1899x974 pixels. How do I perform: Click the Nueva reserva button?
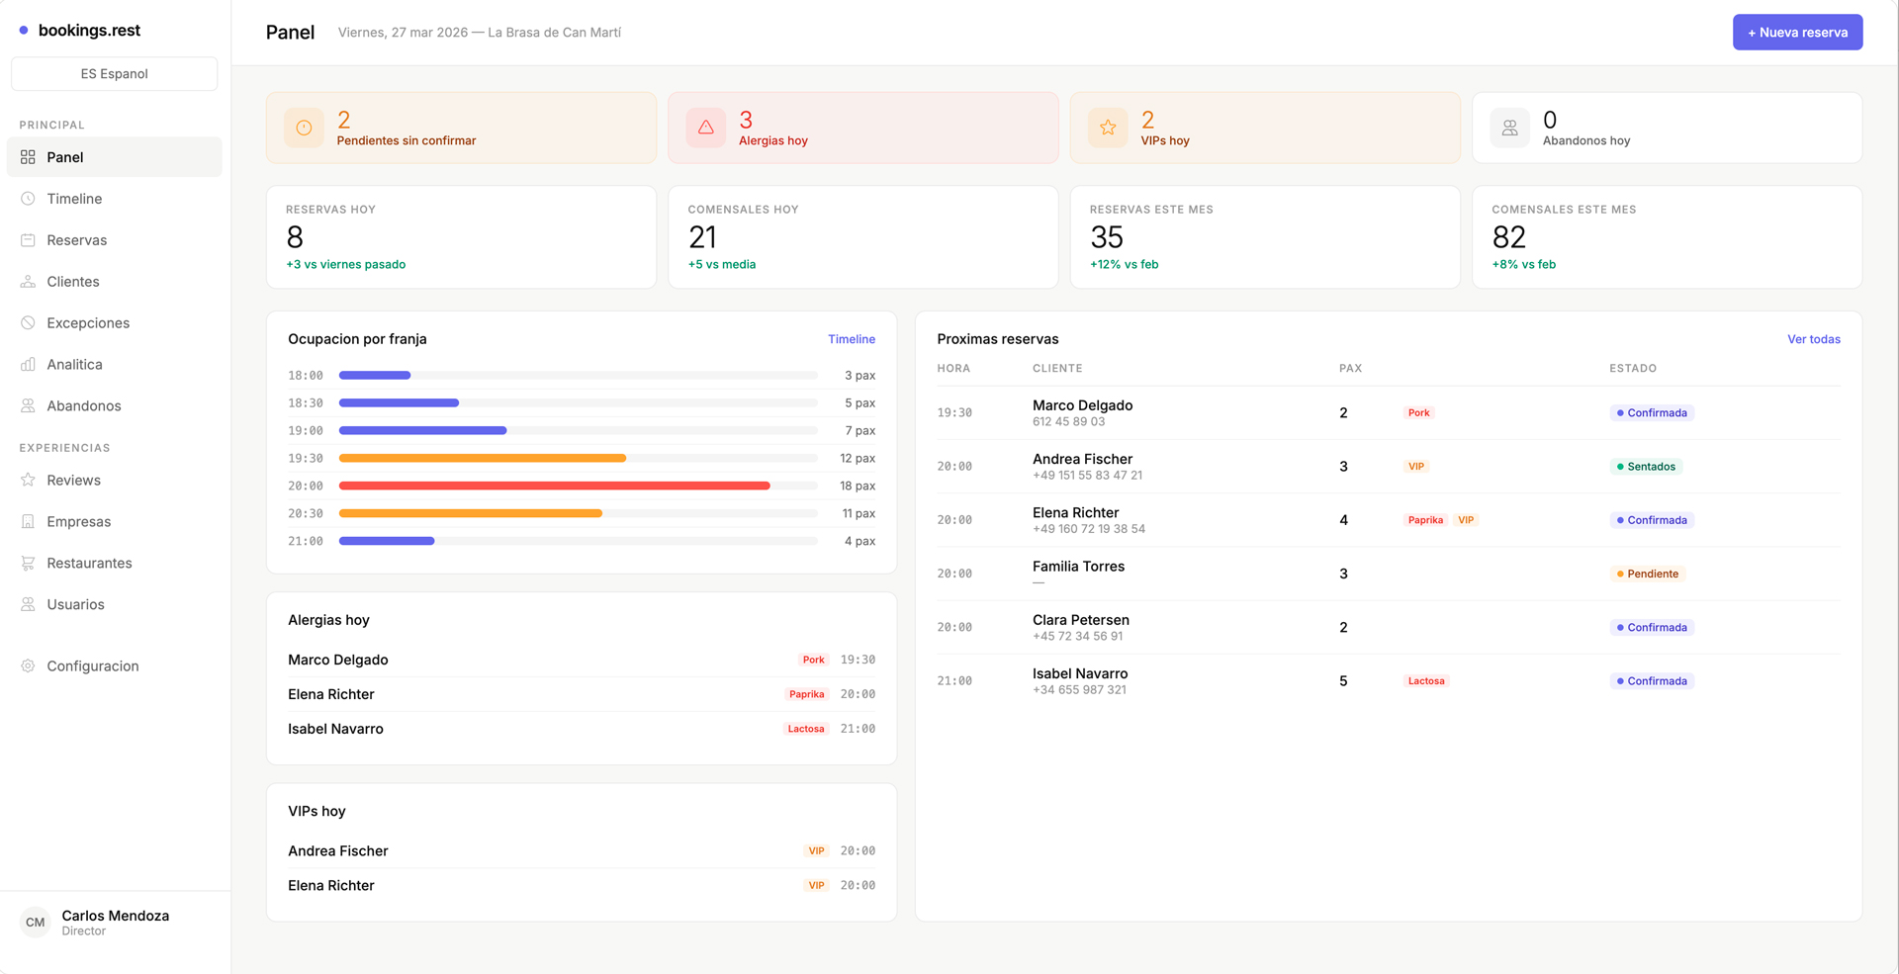pos(1796,33)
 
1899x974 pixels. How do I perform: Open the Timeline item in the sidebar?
pos(74,199)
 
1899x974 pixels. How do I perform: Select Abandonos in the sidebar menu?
pos(83,405)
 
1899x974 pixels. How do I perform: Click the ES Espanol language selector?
pos(114,74)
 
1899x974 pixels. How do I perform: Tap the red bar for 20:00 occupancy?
pos(554,486)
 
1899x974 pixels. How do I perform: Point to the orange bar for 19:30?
pos(482,458)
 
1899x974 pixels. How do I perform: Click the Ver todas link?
pos(1813,339)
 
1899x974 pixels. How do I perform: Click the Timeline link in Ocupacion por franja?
pos(851,339)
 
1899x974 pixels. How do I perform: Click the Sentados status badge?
pos(1646,467)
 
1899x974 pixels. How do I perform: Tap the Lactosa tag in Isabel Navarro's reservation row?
pos(1425,681)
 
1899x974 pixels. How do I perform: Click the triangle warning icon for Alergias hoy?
pos(705,128)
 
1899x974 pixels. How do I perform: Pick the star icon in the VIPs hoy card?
pos(1108,128)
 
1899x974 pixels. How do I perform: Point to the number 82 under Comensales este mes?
pos(1508,237)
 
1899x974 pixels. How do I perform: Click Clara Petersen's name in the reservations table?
pos(1080,620)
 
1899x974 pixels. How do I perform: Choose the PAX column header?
pos(1350,368)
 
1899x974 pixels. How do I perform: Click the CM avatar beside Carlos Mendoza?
pos(36,923)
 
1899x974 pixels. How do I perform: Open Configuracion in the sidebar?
pos(92,665)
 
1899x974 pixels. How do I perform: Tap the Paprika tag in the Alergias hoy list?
pos(806,694)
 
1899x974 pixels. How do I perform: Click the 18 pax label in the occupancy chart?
pos(857,486)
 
